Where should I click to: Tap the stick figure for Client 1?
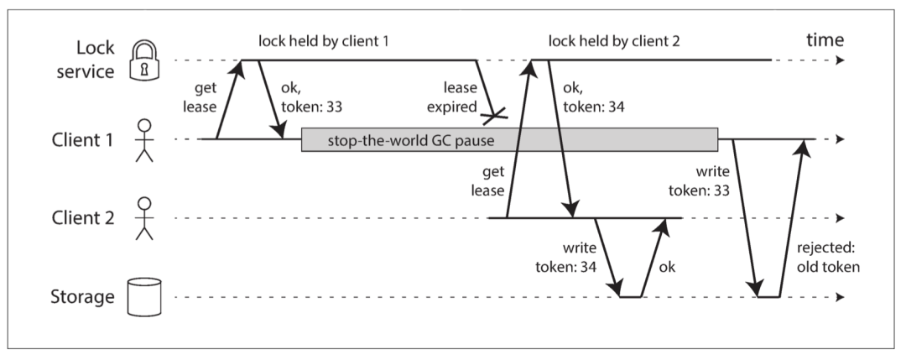(144, 140)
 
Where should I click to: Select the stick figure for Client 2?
(144, 218)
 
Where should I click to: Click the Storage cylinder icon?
(144, 297)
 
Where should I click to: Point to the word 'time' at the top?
(825, 40)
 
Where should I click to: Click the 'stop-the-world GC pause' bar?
(509, 140)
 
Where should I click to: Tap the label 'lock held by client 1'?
(325, 41)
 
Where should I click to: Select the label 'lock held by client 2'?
(614, 41)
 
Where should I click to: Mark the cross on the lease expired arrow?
(495, 116)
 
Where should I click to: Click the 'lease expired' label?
(457, 97)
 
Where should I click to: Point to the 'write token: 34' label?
(566, 257)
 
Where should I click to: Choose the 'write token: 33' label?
(699, 180)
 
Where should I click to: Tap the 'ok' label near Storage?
(666, 267)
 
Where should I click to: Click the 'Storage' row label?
(82, 297)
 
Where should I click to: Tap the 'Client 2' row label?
(82, 218)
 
